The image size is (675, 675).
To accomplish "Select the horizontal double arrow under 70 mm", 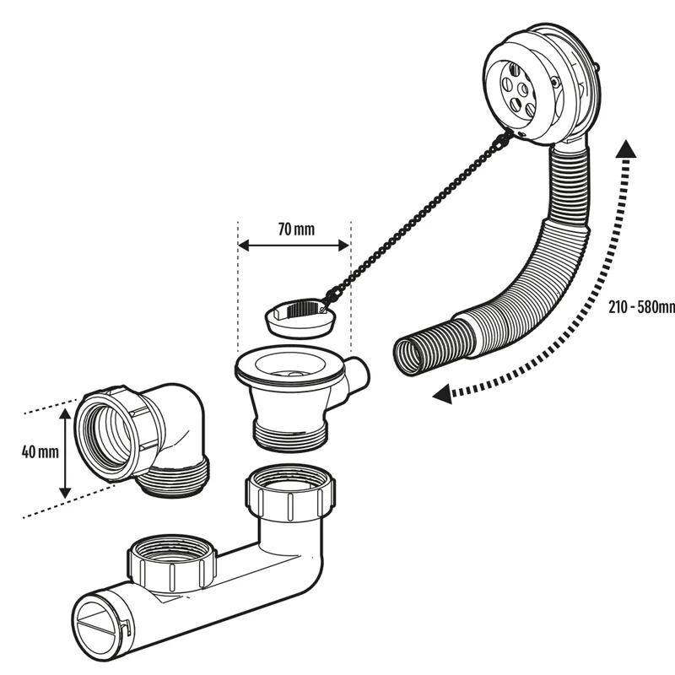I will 293,246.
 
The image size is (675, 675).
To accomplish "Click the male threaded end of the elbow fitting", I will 177,481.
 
